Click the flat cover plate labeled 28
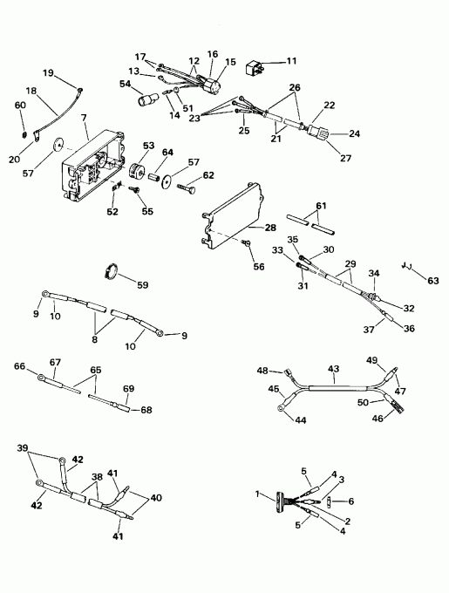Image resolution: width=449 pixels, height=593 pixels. [231, 209]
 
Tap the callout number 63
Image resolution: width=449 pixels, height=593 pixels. [434, 280]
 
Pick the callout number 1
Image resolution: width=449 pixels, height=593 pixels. [257, 496]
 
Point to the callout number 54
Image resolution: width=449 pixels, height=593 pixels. [125, 84]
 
